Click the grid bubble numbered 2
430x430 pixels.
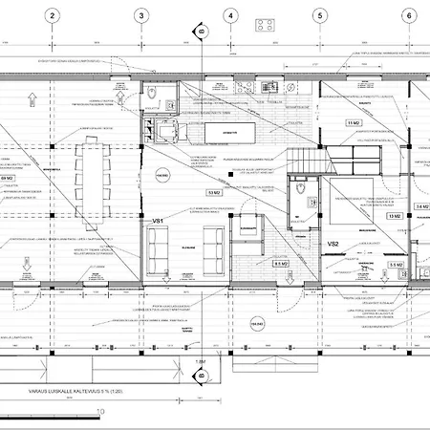point(52,15)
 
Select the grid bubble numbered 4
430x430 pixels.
point(230,15)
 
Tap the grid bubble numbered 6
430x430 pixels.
point(409,15)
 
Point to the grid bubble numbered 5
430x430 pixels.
point(319,15)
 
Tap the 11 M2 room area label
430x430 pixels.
point(353,124)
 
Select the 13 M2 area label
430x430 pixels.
point(394,217)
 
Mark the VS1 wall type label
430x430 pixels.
point(159,222)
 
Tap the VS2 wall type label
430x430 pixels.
point(333,246)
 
